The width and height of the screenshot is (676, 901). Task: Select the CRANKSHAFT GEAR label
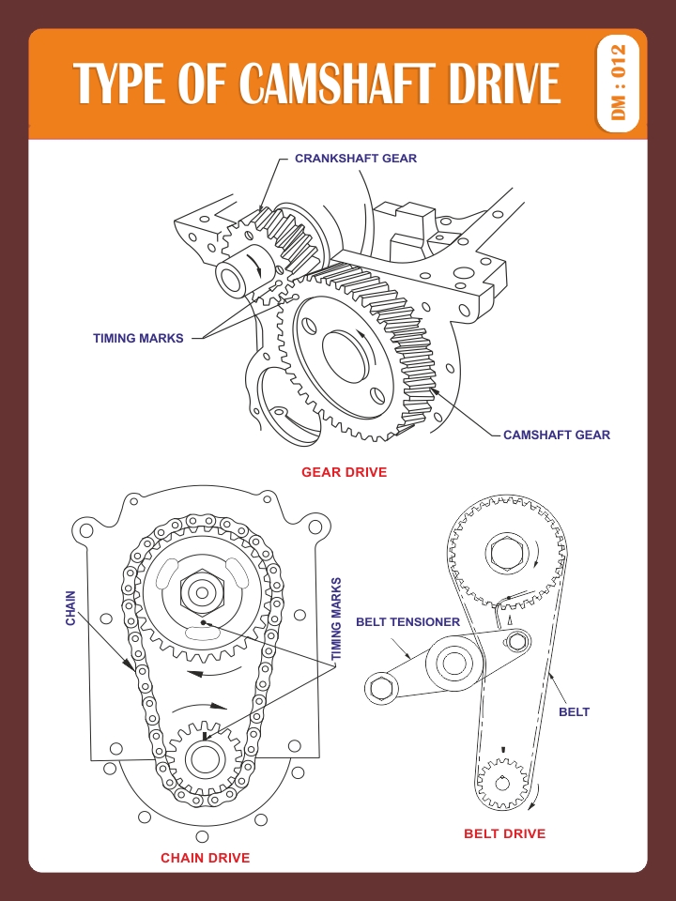click(356, 159)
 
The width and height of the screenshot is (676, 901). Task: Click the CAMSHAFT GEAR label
click(556, 435)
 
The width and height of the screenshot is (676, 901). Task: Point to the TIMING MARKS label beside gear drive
click(138, 338)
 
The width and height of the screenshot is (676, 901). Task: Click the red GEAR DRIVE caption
click(344, 472)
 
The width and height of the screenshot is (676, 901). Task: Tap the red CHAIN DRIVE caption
click(205, 858)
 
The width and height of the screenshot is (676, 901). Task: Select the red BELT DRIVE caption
click(504, 833)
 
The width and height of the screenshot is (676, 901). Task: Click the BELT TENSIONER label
click(407, 621)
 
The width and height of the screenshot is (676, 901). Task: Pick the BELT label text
click(574, 711)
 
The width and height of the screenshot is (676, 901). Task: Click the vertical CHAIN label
click(70, 607)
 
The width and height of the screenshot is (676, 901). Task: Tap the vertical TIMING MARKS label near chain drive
click(337, 617)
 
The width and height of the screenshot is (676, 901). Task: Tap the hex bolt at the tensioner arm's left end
click(381, 688)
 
